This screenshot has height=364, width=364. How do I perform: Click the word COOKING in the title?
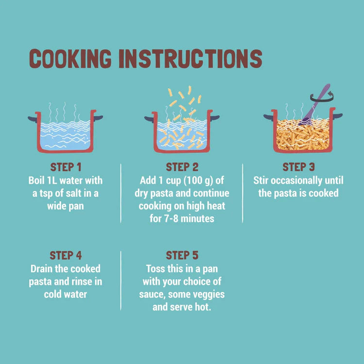click(70, 59)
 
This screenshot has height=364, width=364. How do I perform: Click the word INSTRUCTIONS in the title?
click(191, 59)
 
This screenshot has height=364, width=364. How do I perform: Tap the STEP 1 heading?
click(66, 167)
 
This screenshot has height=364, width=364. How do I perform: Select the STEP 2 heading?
click(182, 167)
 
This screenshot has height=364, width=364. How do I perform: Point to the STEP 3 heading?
click(298, 167)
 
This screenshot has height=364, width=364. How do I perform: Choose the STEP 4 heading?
click(66, 255)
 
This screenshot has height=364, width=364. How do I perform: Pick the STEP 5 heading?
click(182, 255)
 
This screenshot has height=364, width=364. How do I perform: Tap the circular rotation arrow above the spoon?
click(322, 97)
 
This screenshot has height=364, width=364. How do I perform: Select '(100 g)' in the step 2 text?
click(198, 181)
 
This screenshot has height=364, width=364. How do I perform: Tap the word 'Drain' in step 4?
click(41, 269)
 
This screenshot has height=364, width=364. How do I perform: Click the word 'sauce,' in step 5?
click(152, 295)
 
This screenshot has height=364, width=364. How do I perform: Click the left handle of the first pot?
click(33, 119)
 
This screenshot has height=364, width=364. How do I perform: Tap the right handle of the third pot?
click(338, 116)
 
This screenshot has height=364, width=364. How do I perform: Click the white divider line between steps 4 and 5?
click(121, 281)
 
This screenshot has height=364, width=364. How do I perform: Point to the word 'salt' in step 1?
click(74, 193)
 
